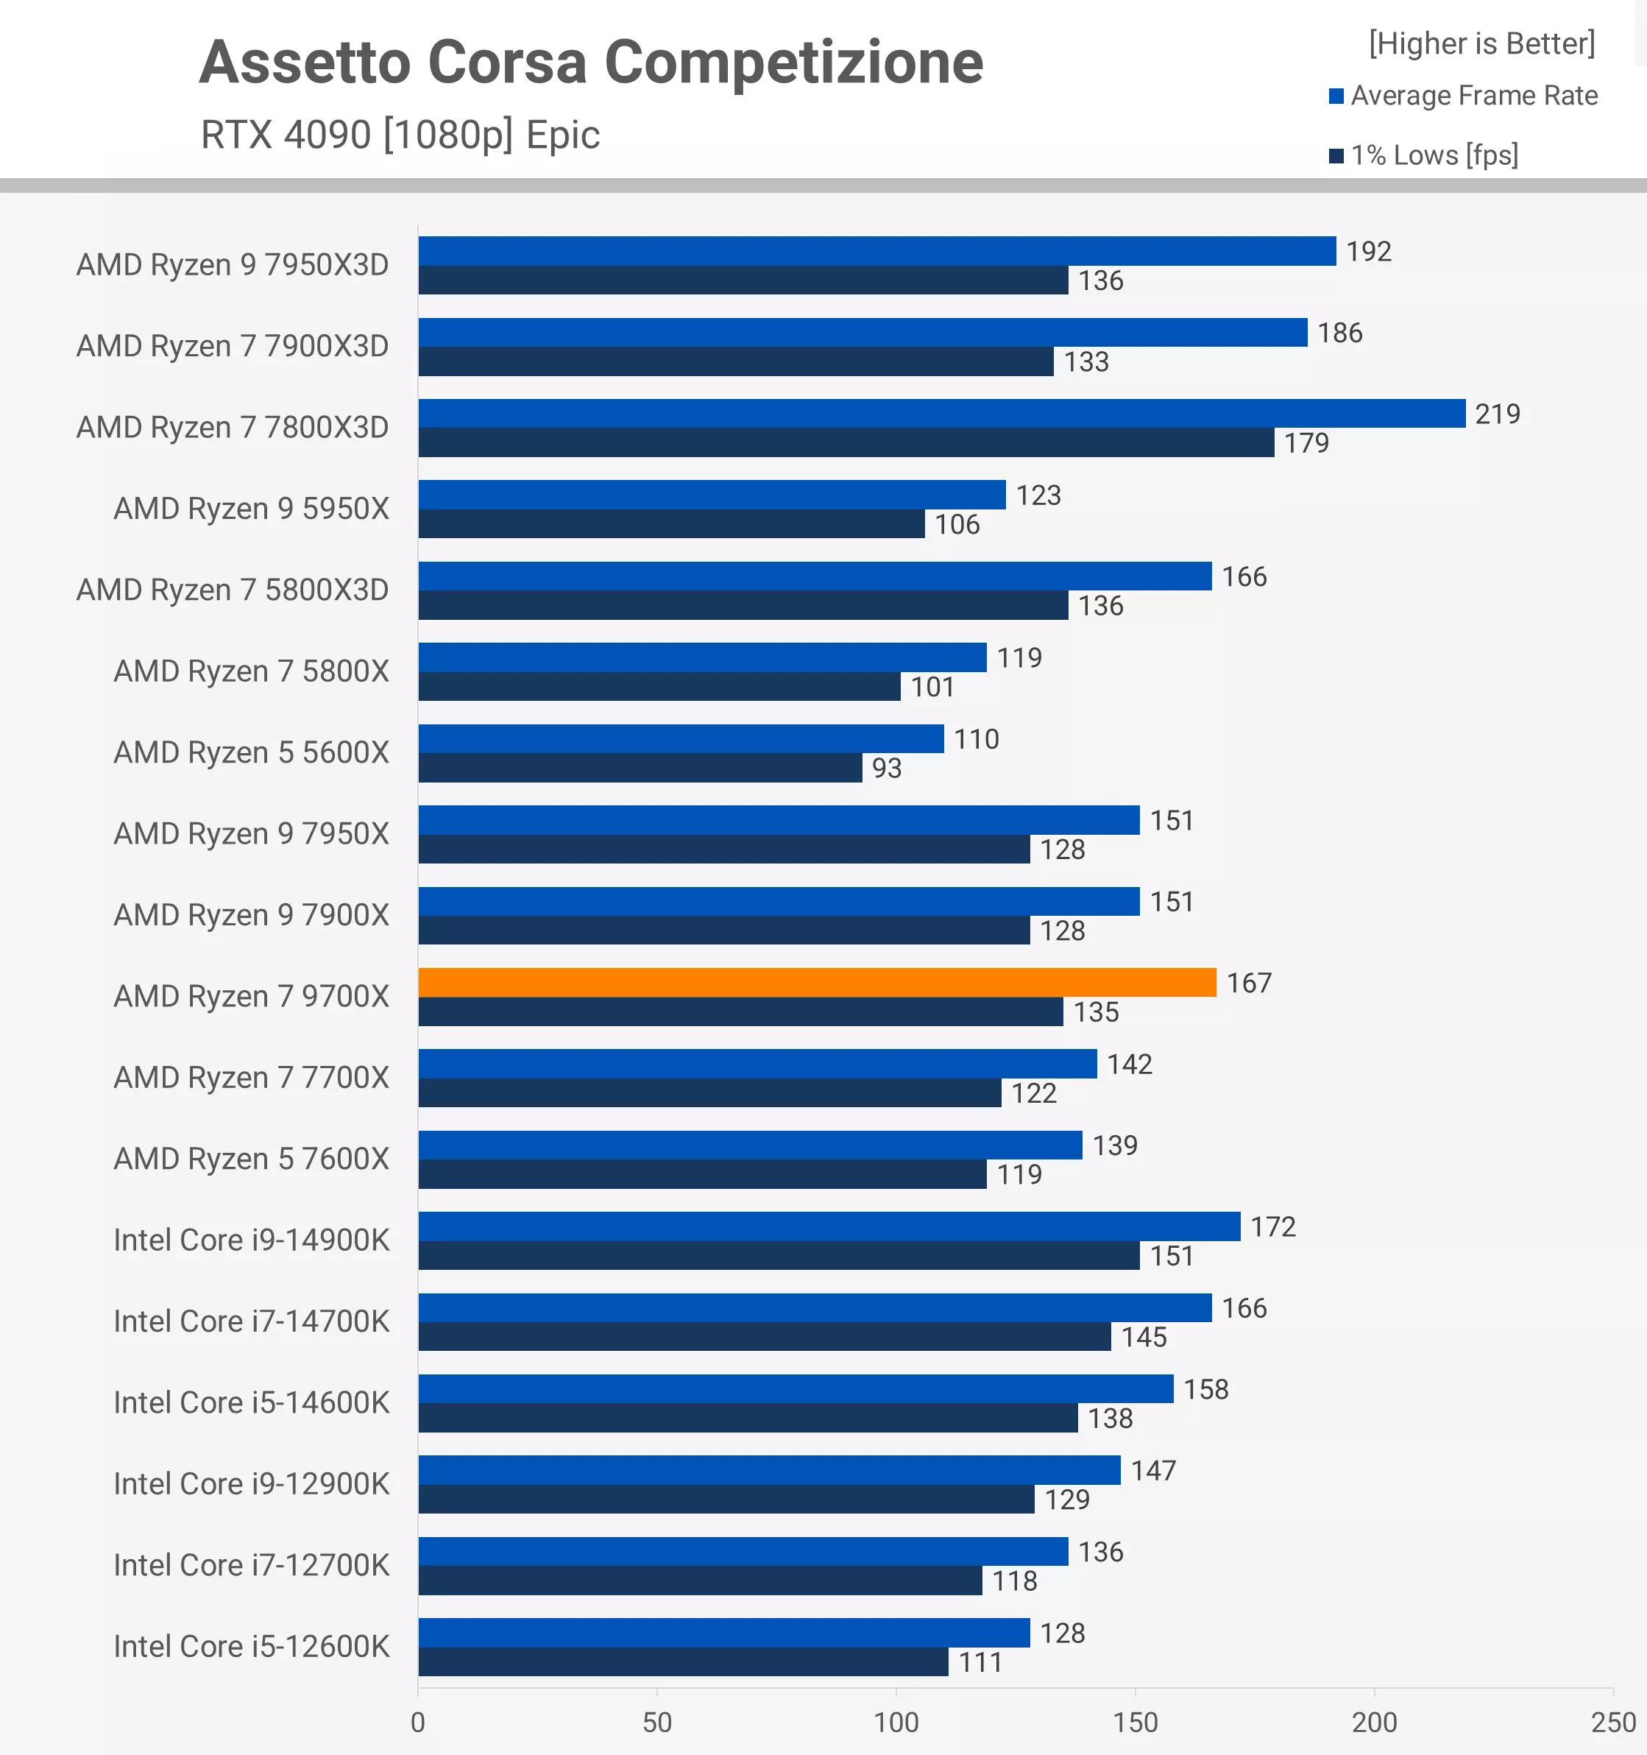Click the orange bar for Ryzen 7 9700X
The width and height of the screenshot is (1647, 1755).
pos(816,982)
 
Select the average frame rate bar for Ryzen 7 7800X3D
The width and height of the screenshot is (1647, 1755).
pos(941,413)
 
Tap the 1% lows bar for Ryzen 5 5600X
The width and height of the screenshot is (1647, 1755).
pos(640,767)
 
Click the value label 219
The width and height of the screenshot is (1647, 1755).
pos(1497,414)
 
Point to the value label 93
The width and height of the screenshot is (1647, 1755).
pos(886,768)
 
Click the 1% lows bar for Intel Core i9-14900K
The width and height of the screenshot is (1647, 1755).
pos(779,1255)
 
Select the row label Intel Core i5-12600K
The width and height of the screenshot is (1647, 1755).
pos(252,1646)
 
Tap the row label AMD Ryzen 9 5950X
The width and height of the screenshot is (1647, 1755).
pos(252,509)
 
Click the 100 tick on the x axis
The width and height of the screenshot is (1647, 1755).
pos(896,1721)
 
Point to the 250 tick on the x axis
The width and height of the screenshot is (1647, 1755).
pos(1612,1721)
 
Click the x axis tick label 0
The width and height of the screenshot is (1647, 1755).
pos(417,1721)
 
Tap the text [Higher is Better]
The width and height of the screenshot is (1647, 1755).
pos(1481,43)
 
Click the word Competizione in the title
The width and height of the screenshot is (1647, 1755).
pos(793,63)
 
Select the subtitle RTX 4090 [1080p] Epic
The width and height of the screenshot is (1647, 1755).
pos(400,135)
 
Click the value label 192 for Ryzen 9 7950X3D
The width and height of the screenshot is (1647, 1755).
pos(1368,252)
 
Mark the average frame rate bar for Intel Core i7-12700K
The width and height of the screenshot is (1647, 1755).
pos(743,1551)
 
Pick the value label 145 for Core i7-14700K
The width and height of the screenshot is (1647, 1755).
pos(1143,1337)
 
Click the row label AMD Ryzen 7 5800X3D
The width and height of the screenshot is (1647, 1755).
pos(232,590)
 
